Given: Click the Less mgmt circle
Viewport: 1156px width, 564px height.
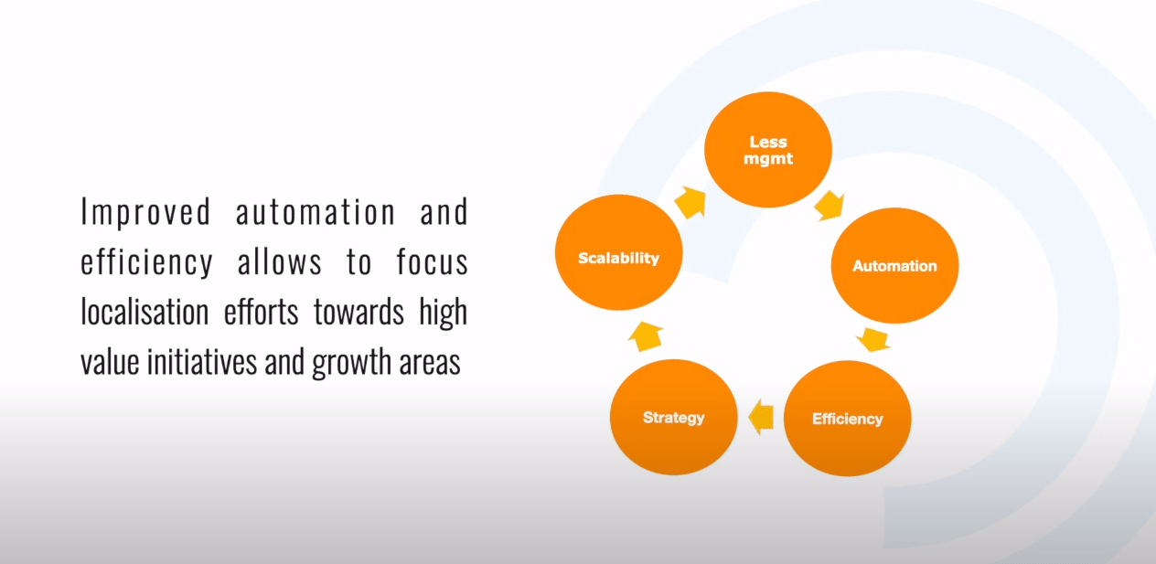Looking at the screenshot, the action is pyautogui.click(x=768, y=150).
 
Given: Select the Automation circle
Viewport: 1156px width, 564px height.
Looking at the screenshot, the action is pyautogui.click(x=894, y=266).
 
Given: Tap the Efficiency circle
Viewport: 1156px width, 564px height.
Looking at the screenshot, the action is pyautogui.click(x=848, y=418).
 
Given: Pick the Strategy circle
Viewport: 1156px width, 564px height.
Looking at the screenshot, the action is pyautogui.click(x=673, y=417).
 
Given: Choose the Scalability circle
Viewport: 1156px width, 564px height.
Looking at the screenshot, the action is pyautogui.click(x=619, y=252).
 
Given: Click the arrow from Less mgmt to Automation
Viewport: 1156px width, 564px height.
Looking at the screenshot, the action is pyautogui.click(x=830, y=206).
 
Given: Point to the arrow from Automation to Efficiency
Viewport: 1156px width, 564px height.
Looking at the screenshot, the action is pyautogui.click(x=873, y=339).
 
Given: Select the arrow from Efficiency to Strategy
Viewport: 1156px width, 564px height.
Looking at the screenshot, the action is pyautogui.click(x=761, y=417).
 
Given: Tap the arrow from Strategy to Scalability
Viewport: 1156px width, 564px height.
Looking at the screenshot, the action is pyautogui.click(x=646, y=336).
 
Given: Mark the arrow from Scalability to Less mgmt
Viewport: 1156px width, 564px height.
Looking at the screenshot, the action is pyautogui.click(x=690, y=202).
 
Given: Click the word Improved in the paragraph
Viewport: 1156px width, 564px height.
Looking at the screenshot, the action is pyautogui.click(x=146, y=212).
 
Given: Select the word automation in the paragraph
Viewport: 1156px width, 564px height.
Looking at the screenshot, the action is pyautogui.click(x=316, y=212).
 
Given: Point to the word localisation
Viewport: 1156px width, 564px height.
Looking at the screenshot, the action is pyautogui.click(x=145, y=312).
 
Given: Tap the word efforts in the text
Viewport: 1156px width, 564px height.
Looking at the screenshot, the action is pyautogui.click(x=262, y=312).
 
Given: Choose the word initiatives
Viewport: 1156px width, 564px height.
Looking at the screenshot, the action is pyautogui.click(x=202, y=361).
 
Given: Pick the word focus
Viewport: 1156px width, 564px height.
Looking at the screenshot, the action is pyautogui.click(x=433, y=261).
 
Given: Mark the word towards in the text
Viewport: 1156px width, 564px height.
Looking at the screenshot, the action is pyautogui.click(x=359, y=313).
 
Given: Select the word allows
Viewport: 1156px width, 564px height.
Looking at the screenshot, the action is pyautogui.click(x=280, y=261).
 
